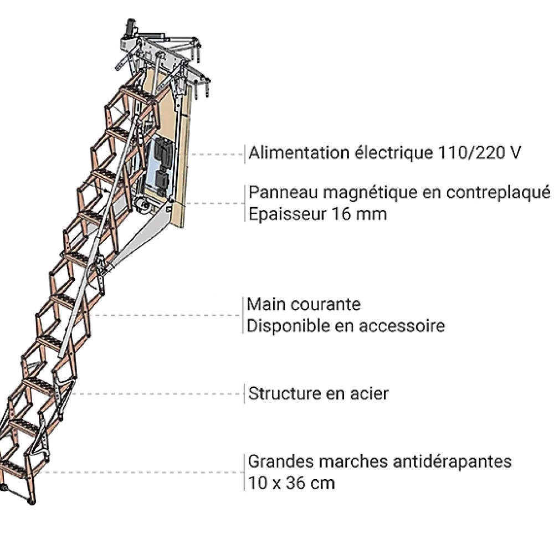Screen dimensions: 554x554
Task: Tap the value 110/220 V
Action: pos(479,153)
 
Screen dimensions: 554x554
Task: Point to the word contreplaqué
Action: pos(498,193)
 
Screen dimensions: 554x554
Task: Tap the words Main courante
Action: pos(304,304)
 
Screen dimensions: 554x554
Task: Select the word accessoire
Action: pos(402,326)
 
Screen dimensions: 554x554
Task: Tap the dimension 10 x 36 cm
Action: pos(291,483)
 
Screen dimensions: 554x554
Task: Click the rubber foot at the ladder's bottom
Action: pos(32,501)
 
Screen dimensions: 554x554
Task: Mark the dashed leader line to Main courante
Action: pos(165,315)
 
